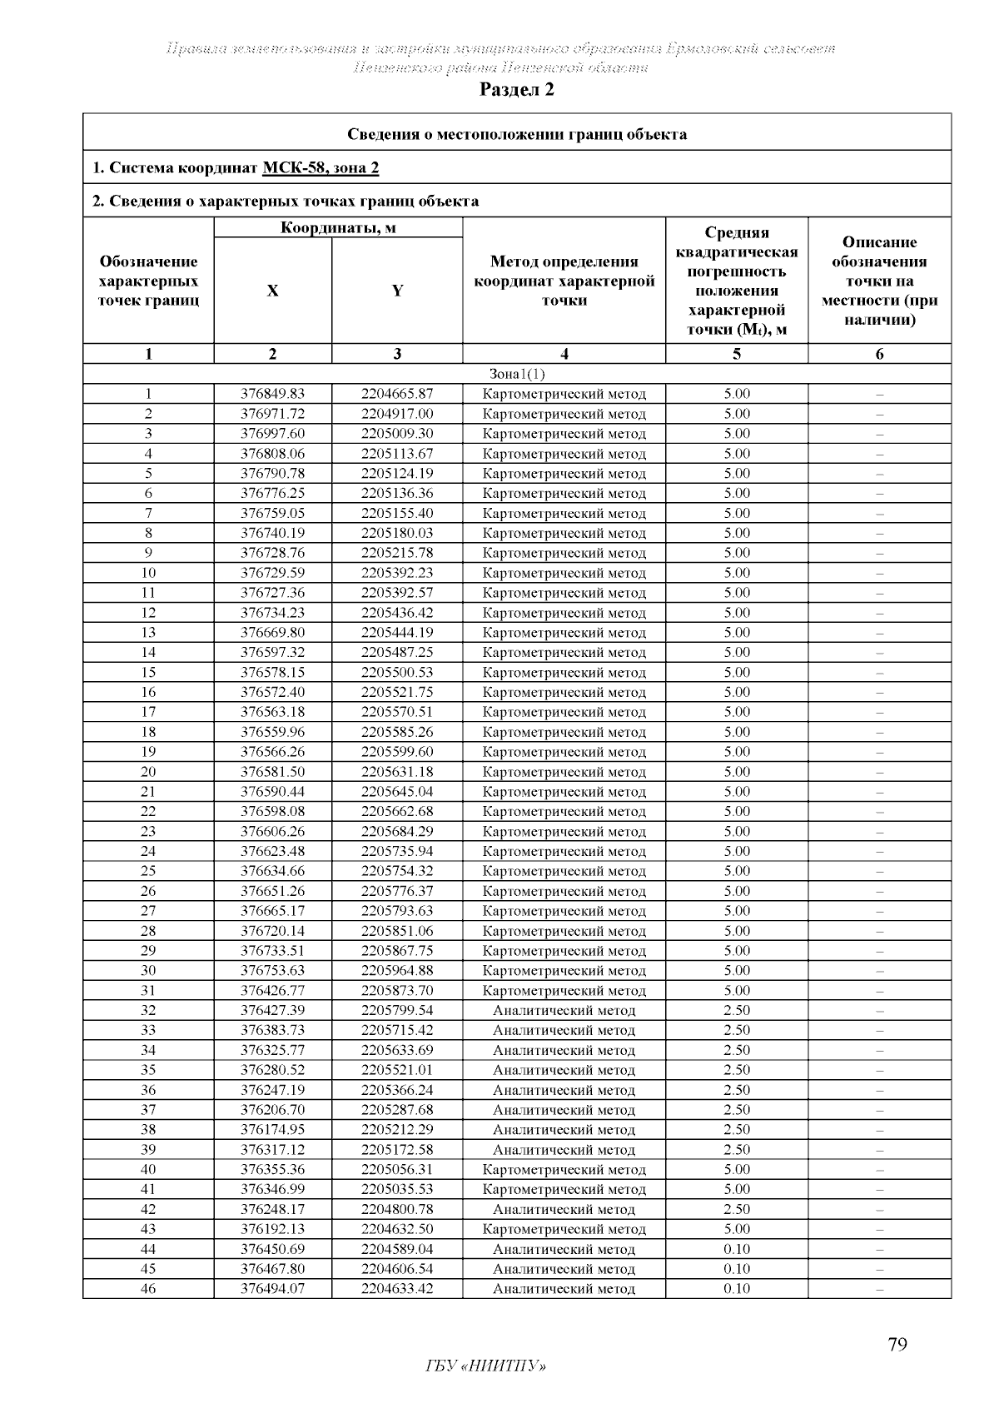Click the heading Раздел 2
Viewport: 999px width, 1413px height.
pos(516,90)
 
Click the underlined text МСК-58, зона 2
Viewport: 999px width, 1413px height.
pos(321,168)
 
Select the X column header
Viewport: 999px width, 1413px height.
pos(272,291)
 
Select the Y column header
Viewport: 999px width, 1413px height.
pos(397,291)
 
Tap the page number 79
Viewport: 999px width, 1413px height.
pos(897,1345)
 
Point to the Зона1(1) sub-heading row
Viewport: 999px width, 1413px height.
pos(517,374)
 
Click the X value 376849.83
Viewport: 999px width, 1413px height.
pos(272,394)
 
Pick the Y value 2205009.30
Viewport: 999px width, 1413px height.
pos(397,434)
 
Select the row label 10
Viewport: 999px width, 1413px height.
pos(148,573)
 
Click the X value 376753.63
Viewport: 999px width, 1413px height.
pos(272,970)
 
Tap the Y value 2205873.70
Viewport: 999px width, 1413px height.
pos(397,990)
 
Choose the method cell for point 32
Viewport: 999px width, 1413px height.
pos(564,1010)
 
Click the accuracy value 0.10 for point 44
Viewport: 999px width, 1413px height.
pos(737,1249)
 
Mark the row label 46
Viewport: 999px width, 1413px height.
pos(148,1289)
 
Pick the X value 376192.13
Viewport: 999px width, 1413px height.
pos(272,1229)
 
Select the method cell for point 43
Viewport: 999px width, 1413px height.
pos(564,1229)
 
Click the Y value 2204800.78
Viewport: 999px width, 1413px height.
pos(397,1209)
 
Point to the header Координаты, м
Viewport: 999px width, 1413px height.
pos(338,227)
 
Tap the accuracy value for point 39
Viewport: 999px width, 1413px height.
pos(737,1149)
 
